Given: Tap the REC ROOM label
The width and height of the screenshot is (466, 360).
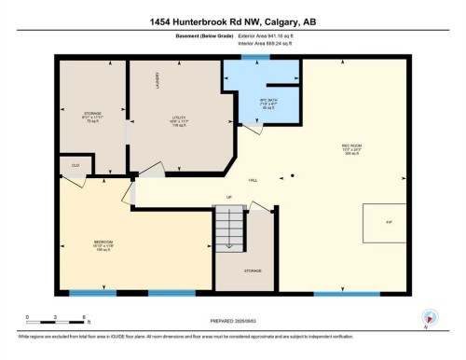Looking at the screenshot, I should [x=350, y=147].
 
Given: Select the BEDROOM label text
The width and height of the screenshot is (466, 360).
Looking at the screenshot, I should [x=103, y=244].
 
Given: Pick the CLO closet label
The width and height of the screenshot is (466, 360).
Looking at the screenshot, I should [x=74, y=166].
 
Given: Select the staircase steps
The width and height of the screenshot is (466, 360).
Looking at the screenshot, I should [x=228, y=227].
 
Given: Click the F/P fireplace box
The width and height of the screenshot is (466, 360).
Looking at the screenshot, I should [x=384, y=223].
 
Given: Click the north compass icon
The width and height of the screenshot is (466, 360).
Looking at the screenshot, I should [x=429, y=317].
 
